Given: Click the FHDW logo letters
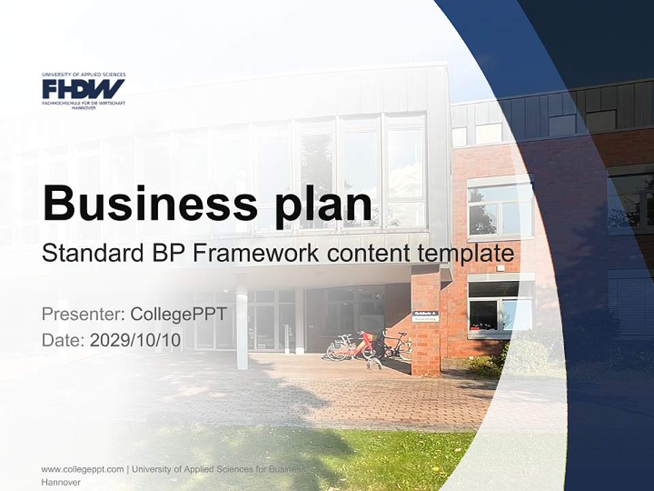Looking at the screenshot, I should [x=83, y=89].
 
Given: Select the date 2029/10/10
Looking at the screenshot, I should [x=136, y=340].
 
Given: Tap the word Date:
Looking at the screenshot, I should [x=63, y=340].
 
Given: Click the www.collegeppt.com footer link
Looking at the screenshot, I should [x=82, y=469].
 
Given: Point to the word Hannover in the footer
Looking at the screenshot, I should [x=61, y=482].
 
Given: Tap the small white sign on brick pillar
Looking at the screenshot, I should [x=426, y=316].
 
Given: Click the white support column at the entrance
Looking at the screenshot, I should [x=241, y=321].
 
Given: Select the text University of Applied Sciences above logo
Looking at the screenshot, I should [x=83, y=74].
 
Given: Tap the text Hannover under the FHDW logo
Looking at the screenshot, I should [x=83, y=108].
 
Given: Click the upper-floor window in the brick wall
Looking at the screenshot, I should [x=499, y=209].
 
